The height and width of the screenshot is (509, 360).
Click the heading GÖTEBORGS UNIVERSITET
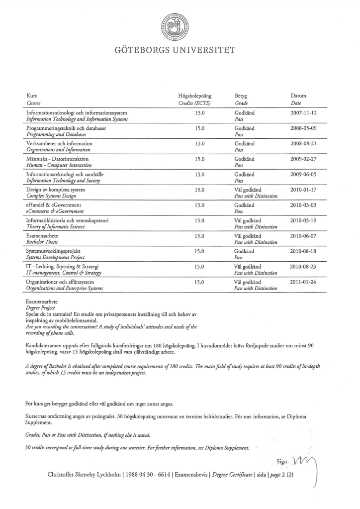pyautogui.click(x=180, y=50)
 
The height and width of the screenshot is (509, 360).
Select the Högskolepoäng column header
pyautogui.click(x=195, y=95)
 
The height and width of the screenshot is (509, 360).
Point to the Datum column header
pyautogui.click(x=298, y=95)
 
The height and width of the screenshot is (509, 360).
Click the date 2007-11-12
pyautogui.click(x=303, y=113)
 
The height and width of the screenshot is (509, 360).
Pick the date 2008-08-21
pyautogui.click(x=303, y=144)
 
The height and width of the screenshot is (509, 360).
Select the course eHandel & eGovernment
pyautogui.click(x=53, y=205)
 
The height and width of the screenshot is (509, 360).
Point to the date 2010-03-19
pyautogui.click(x=303, y=220)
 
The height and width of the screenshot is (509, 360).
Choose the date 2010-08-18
pyautogui.click(x=303, y=251)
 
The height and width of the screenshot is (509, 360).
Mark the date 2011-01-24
pyautogui.click(x=303, y=282)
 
